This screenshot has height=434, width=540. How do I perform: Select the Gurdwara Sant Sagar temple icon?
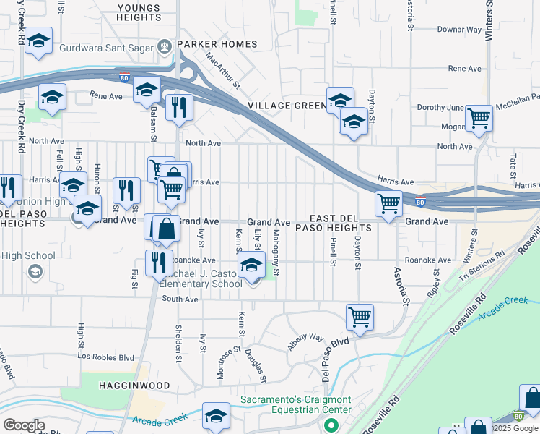(x=165, y=47)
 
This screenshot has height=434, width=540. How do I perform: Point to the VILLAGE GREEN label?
(x=287, y=106)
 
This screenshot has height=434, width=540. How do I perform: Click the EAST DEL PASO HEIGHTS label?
(x=340, y=223)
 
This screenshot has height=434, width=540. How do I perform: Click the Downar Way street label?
(x=459, y=30)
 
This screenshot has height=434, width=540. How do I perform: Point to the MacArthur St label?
(x=221, y=70)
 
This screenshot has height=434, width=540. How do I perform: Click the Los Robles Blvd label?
(x=107, y=357)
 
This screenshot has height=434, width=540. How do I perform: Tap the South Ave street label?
(x=179, y=299)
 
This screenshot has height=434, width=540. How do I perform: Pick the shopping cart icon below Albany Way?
(x=360, y=316)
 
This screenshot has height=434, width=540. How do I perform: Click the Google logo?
(x=24, y=425)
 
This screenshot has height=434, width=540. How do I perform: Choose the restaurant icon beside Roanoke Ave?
(x=157, y=262)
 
